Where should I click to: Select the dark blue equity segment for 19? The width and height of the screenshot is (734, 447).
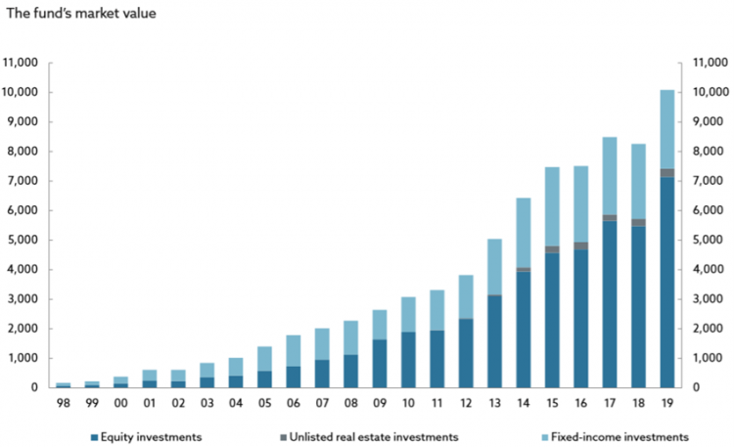[665, 283]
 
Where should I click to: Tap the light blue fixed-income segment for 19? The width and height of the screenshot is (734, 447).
[665, 129]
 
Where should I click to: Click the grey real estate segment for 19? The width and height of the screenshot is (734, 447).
[665, 173]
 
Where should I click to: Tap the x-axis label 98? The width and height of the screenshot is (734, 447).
[64, 401]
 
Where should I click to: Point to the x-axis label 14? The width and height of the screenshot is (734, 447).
[524, 401]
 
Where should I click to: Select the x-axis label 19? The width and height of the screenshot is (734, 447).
[666, 401]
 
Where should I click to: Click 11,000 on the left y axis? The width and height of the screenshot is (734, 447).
[21, 63]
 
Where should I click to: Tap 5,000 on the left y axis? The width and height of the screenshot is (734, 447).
[23, 240]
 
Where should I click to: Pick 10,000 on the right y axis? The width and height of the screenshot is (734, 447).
[711, 92]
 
